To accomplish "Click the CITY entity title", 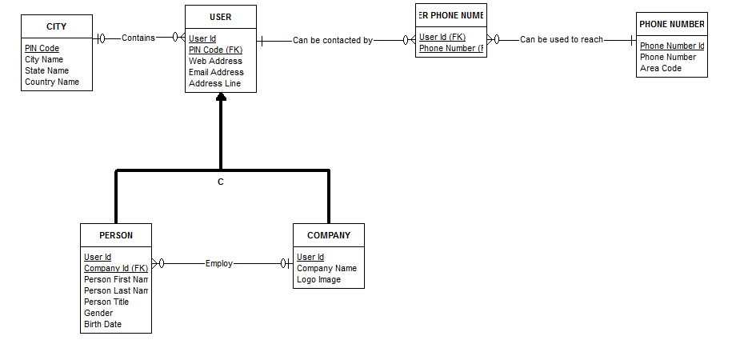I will (x=56, y=26).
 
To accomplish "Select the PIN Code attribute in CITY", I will (x=42, y=48).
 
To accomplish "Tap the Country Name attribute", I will (x=52, y=82).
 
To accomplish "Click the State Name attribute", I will (x=46, y=70).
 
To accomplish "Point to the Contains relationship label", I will (x=138, y=38).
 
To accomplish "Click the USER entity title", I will (x=221, y=17).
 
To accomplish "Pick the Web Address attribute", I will (x=215, y=61).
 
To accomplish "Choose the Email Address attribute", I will (x=216, y=72).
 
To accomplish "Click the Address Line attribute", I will (x=214, y=83).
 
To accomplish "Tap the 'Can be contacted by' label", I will (x=332, y=40).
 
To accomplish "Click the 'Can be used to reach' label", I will (x=561, y=39).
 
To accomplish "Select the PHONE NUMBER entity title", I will (x=672, y=24).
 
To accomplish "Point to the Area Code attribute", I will (x=660, y=68).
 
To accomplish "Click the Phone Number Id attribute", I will (x=671, y=46).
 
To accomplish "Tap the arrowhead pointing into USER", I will (x=221, y=98).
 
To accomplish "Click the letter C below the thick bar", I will (x=221, y=182).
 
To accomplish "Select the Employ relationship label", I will (x=218, y=263).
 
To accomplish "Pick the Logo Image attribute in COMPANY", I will (x=318, y=279).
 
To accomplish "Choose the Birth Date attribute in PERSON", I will (x=102, y=324).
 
